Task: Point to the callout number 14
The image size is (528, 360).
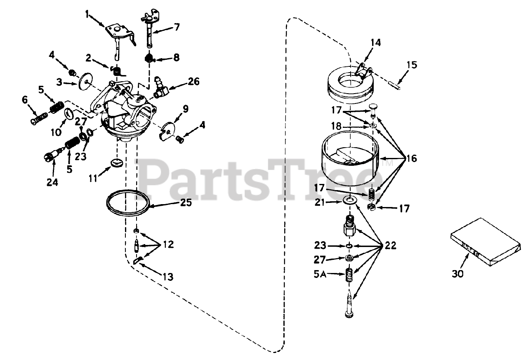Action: [x=375, y=42]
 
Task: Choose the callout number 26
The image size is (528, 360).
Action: [x=193, y=81]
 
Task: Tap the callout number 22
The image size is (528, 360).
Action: [x=390, y=246]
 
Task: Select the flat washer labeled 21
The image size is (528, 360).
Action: [x=351, y=201]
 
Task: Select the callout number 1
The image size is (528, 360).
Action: [x=87, y=15]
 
